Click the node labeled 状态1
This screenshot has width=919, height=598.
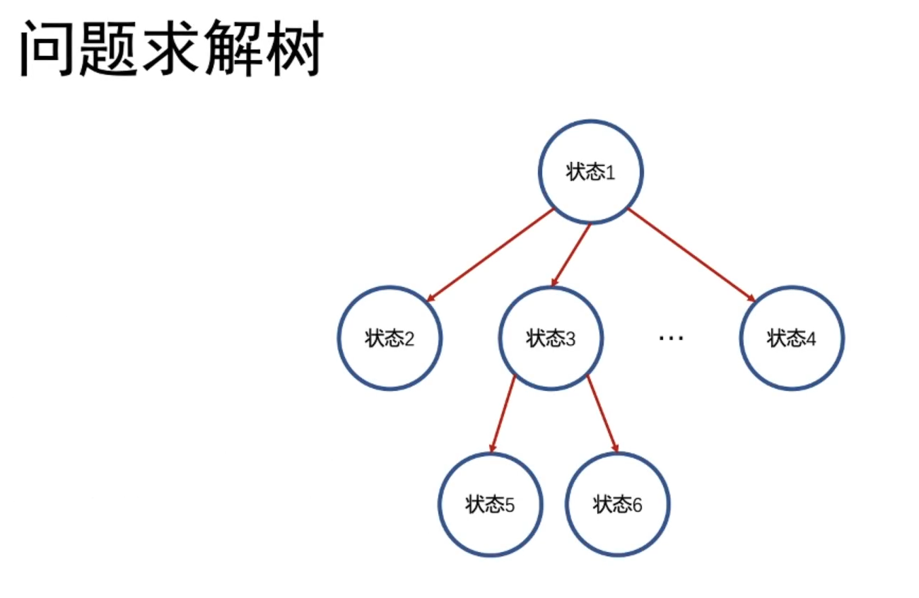coord(591,172)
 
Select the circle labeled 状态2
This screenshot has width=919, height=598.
coord(390,338)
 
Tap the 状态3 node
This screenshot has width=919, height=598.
coord(551,338)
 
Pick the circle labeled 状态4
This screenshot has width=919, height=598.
coord(792,338)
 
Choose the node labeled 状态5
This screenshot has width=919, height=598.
coord(490,505)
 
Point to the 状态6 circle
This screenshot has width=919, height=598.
coord(618,505)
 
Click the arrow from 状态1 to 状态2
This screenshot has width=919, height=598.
coord(491,255)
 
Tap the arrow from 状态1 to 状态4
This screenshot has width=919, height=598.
coord(692,255)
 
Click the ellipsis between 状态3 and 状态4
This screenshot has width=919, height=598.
coord(671,338)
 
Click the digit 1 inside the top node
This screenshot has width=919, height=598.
coord(611,173)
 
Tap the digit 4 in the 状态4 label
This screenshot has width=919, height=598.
coord(811,339)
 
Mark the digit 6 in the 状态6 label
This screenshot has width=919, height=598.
coord(637,506)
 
